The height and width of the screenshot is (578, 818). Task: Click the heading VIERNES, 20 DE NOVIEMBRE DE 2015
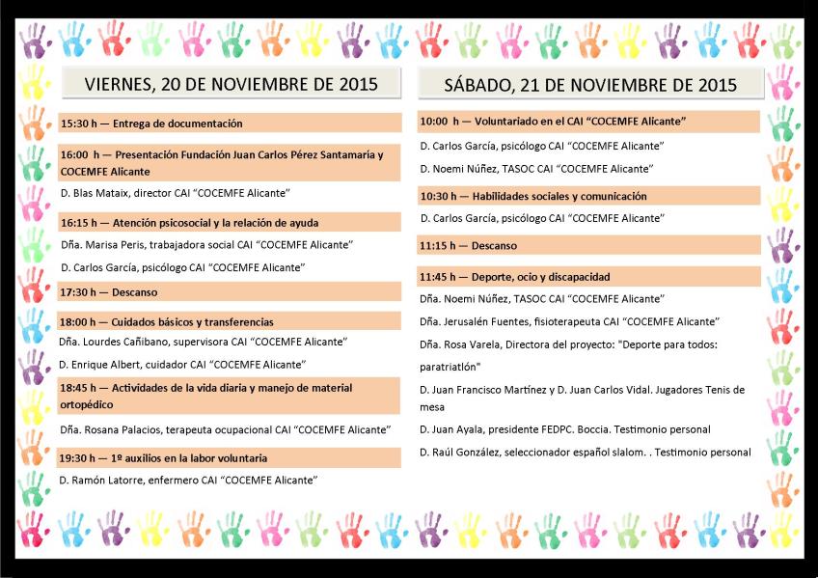pos(231,84)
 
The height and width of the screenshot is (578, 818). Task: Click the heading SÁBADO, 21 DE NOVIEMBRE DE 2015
pos(590,85)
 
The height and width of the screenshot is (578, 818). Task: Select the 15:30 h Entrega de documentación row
pos(151,124)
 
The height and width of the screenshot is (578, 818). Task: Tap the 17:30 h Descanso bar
pos(109,291)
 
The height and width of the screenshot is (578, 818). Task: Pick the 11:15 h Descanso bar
pos(468,246)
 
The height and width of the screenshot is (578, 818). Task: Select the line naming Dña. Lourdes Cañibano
pos(203,342)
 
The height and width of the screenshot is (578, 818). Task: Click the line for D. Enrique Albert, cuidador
pos(182,364)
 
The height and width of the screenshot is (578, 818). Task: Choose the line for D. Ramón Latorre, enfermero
pos(188,480)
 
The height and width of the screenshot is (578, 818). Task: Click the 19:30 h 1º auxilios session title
pos(164,457)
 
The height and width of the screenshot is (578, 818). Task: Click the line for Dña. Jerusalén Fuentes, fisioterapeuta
pos(570,321)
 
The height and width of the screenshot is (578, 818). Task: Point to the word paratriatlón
pos(450,367)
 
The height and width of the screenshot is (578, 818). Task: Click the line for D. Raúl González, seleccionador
pos(585,452)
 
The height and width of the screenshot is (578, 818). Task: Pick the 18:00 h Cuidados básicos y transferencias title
pos(167,321)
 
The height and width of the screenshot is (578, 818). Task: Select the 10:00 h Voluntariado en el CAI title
pos(553,122)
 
